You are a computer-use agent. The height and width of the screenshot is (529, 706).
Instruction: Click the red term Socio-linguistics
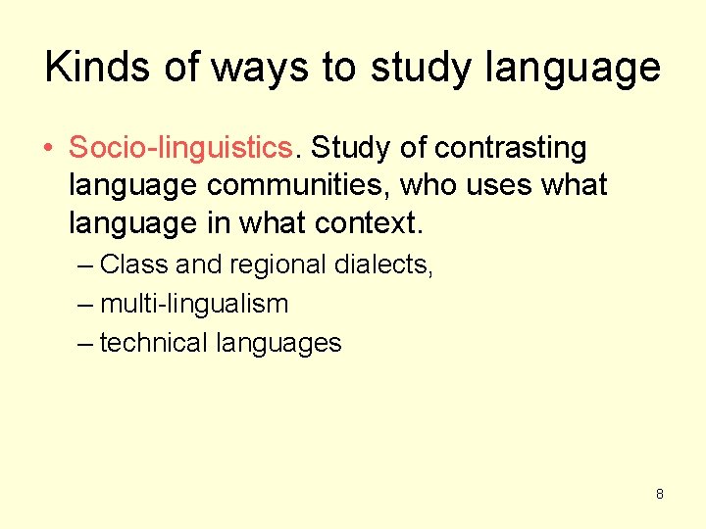coord(180,148)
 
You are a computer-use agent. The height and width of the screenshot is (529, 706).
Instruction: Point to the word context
coord(368,223)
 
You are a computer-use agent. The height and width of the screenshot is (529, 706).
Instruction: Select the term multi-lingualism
coord(194,304)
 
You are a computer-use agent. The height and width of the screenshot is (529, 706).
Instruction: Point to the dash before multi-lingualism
coord(85,304)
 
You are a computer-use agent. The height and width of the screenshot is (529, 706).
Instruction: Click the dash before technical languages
coord(85,343)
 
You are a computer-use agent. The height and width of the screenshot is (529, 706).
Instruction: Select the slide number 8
coord(659,494)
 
